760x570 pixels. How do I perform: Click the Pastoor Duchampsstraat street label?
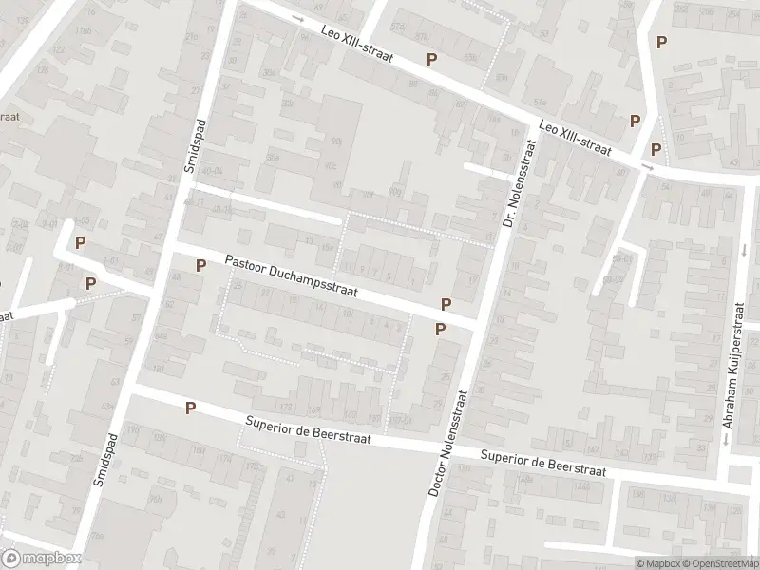[x=291, y=275]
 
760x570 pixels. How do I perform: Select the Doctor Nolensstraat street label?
[x=450, y=442]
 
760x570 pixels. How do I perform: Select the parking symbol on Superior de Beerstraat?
[x=190, y=408]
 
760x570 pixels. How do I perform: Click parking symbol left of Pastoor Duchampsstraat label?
[x=199, y=265]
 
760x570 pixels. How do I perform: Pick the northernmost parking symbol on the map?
[x=661, y=42]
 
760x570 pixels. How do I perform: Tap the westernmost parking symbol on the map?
[x=81, y=243]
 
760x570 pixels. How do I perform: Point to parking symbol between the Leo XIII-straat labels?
[x=431, y=59]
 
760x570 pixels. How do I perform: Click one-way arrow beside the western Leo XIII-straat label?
[x=298, y=19]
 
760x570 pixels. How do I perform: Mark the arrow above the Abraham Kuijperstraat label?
[x=743, y=250]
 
